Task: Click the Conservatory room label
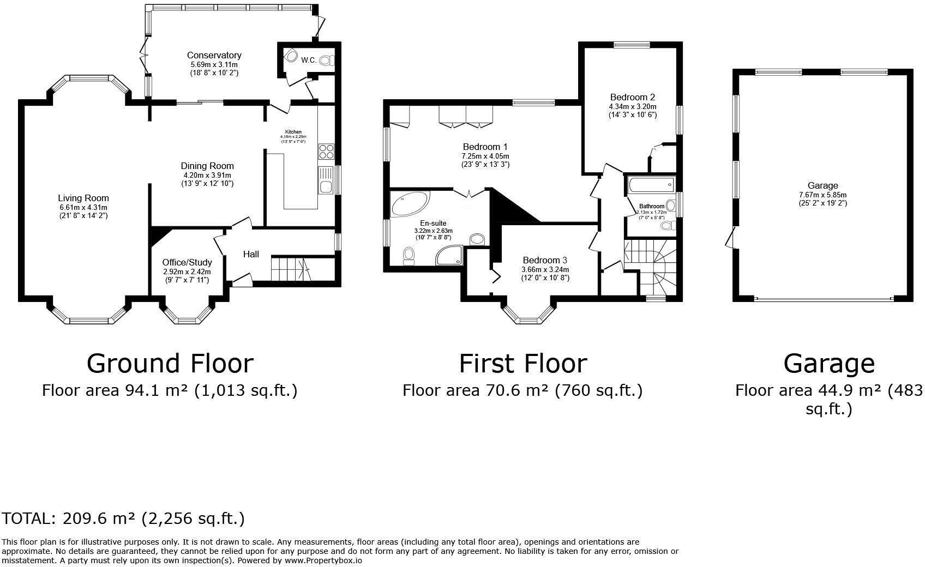[214, 55]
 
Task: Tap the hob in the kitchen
[326, 151]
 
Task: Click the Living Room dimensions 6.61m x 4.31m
[83, 207]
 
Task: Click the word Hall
[251, 254]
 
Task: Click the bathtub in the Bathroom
[651, 186]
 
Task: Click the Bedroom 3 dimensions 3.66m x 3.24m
[545, 269]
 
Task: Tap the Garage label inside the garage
[822, 186]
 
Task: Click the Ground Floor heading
[170, 364]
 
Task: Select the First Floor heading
[522, 364]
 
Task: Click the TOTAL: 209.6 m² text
[123, 518]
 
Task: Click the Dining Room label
[207, 166]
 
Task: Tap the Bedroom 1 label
[485, 147]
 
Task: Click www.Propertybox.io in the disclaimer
[323, 560]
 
